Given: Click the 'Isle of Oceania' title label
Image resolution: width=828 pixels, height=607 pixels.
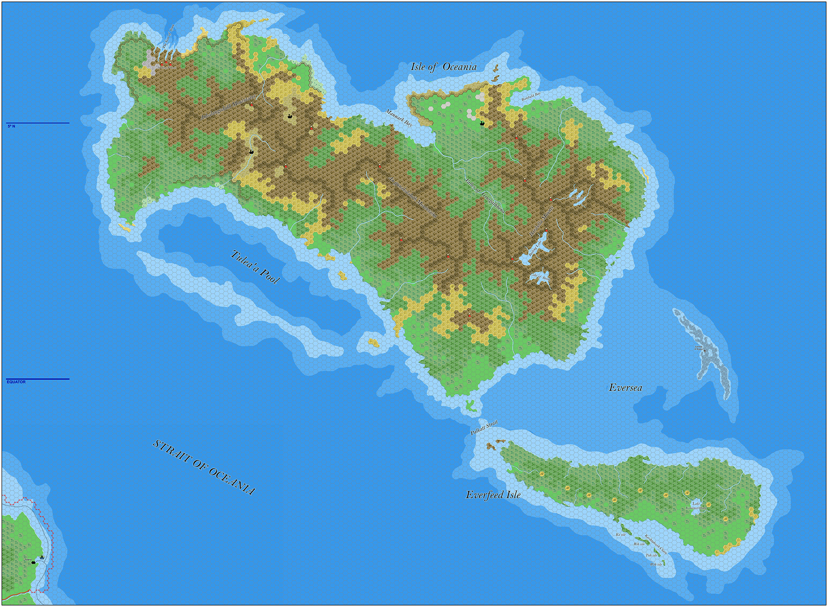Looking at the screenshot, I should coord(443,67).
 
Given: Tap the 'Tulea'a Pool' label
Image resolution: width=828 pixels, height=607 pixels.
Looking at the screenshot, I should coord(255,267).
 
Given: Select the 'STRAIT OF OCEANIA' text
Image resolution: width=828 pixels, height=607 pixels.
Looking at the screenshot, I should coord(204,467).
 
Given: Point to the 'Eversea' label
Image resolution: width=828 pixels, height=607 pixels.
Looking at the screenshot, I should coord(625,387).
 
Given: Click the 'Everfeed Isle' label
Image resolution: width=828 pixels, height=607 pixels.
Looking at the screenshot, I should coord(493,495).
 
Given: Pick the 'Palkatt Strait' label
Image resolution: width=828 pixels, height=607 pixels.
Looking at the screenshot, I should coord(484,428).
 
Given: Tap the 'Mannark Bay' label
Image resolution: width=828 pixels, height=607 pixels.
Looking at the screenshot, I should coord(399,118).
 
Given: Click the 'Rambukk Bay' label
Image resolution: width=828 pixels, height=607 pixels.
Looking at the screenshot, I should coord(531,97).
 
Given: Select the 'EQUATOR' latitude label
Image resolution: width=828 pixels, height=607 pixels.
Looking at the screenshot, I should coord(16,382).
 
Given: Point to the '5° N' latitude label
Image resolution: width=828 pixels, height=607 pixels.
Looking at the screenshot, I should coord(11,126).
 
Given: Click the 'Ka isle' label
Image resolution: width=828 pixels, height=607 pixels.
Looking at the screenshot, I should coord(621,535).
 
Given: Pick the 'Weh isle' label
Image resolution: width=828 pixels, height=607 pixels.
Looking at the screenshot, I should coord(656,564).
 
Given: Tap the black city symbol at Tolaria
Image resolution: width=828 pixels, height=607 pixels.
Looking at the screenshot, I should coord(34,562).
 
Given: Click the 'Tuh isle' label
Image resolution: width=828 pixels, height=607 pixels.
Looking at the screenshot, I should coord(651,555).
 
